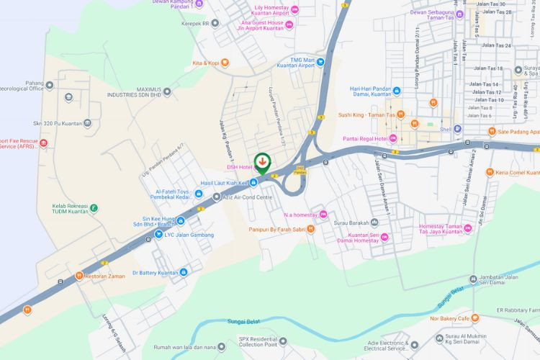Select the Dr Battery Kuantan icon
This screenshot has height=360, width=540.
coord(184,272)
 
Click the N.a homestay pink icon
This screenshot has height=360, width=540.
coord(323,214)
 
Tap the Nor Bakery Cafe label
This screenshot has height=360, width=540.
coord(450,318)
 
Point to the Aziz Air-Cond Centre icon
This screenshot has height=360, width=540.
coord(216,197)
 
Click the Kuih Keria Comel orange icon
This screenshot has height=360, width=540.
coord(490,173)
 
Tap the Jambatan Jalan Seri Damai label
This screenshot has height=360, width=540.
coord(506,282)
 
